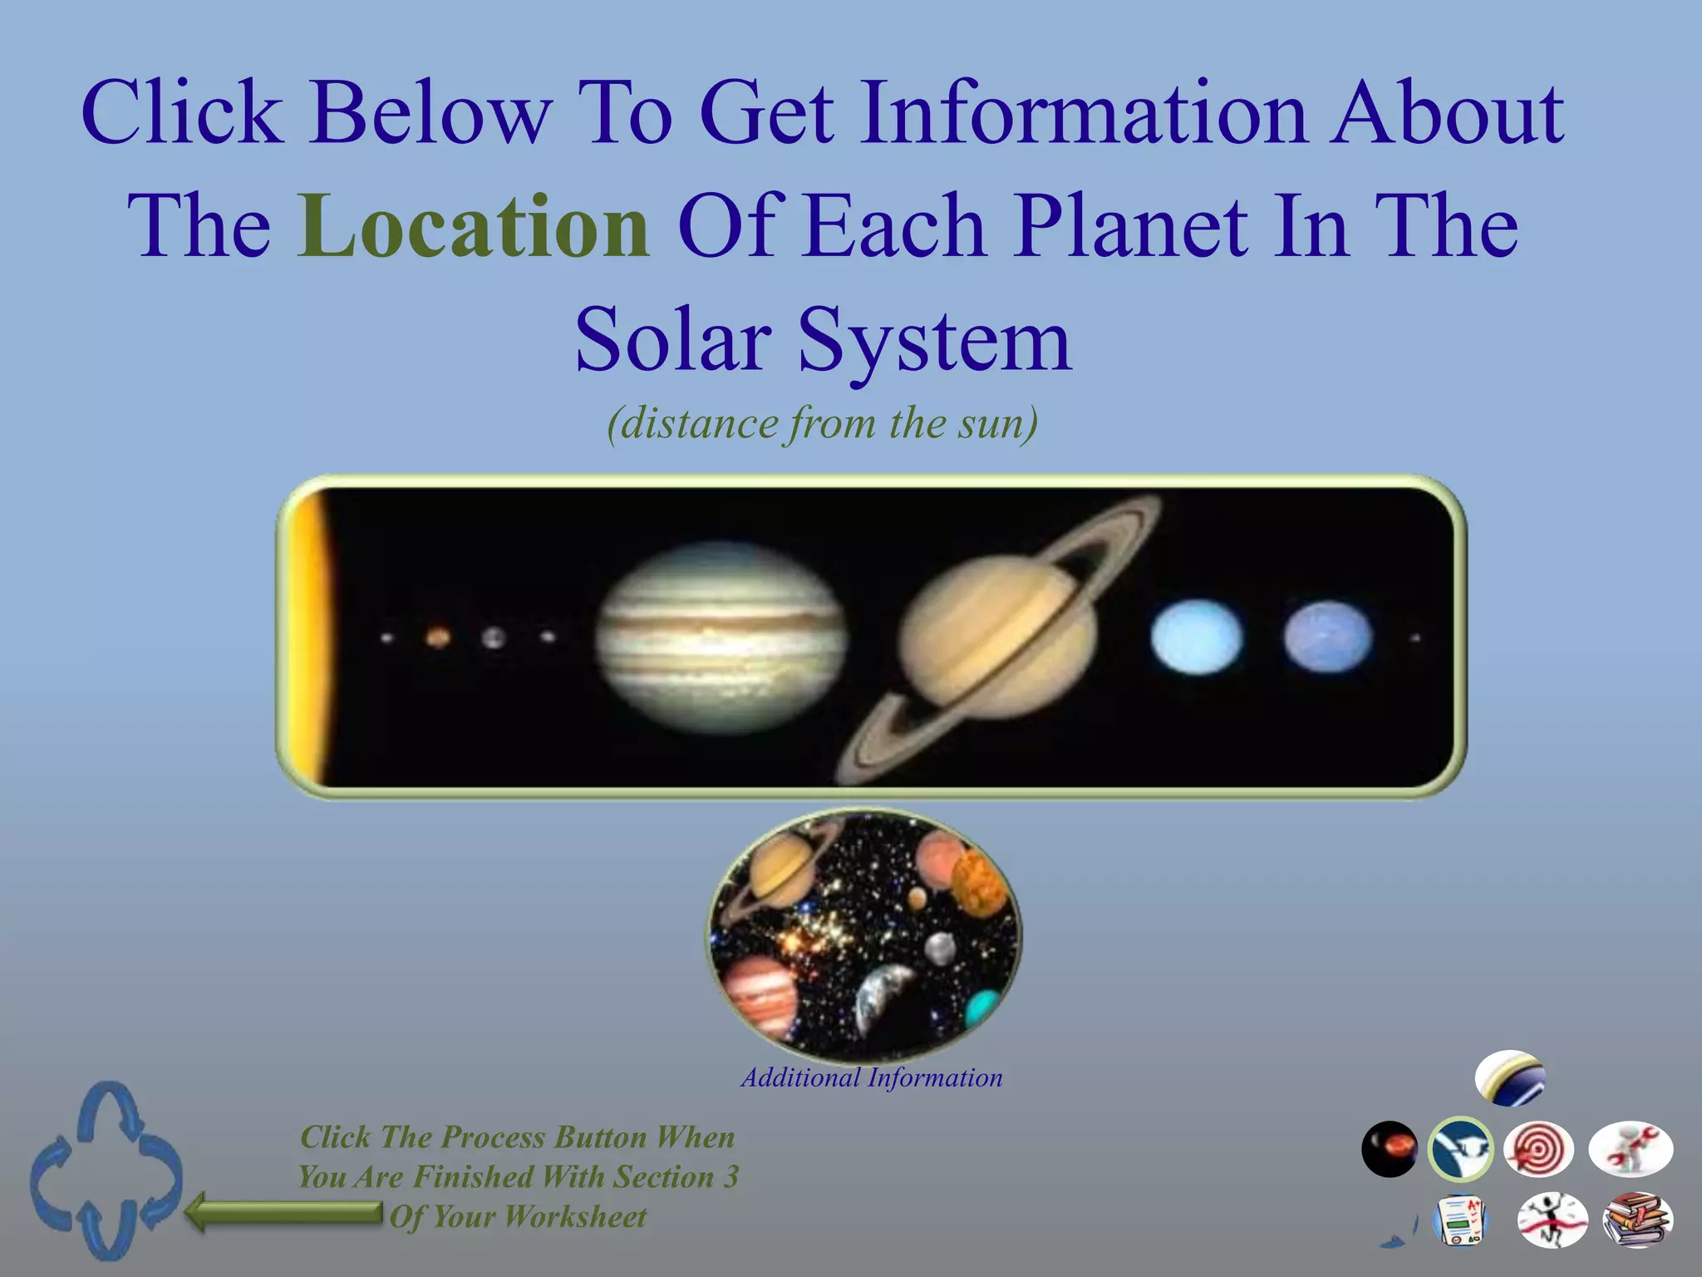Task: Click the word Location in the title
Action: tap(474, 226)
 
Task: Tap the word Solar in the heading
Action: tap(673, 339)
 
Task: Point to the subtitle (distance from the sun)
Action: tap(823, 424)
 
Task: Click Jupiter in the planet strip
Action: tap(721, 638)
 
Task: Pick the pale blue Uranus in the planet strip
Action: tap(1197, 637)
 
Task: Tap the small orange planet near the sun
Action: tap(438, 638)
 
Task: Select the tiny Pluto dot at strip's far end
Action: tap(1415, 638)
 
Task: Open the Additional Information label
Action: tap(872, 1078)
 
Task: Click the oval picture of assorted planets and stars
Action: tap(863, 935)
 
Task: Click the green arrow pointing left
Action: tap(283, 1211)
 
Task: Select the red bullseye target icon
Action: tap(1538, 1150)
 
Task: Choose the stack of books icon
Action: tap(1636, 1220)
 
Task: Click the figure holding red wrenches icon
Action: tap(1631, 1149)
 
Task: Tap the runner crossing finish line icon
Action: tap(1552, 1220)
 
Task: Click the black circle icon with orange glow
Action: tap(1390, 1149)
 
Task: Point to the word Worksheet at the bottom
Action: tap(575, 1217)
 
